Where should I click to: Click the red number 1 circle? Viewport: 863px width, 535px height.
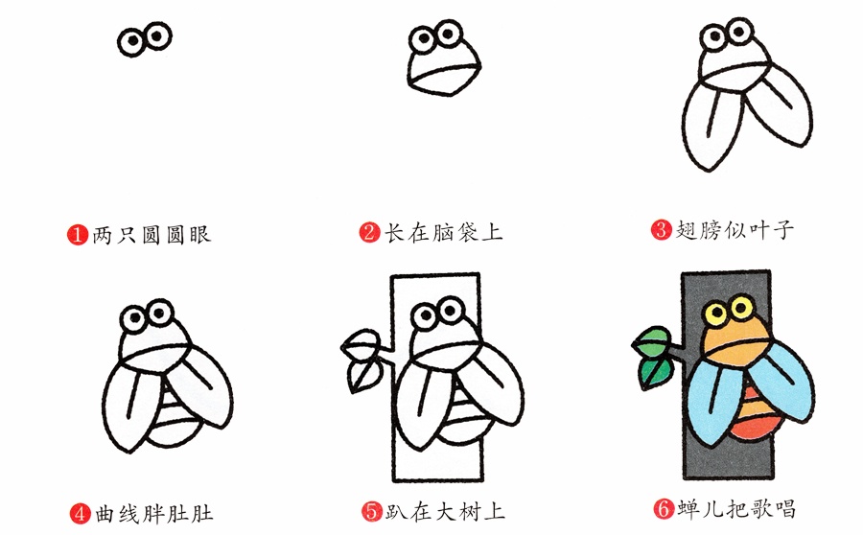(x=79, y=234)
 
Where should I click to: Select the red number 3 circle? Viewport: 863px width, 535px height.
(x=660, y=229)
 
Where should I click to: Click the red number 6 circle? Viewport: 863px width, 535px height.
(x=661, y=508)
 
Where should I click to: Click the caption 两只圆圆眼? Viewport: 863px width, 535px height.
(x=151, y=234)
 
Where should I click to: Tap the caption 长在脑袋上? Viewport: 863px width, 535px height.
(x=443, y=233)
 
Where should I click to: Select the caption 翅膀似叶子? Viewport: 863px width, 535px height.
(x=735, y=229)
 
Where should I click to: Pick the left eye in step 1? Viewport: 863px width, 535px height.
(x=133, y=40)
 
